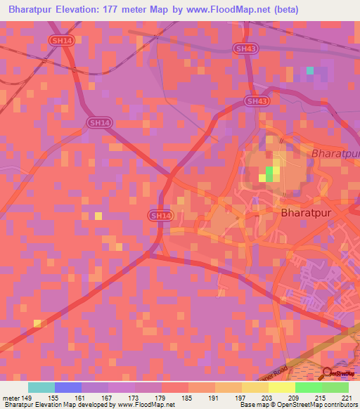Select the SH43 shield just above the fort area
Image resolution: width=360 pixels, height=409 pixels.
click(257, 101)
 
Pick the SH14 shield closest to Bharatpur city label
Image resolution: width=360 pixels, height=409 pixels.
click(160, 215)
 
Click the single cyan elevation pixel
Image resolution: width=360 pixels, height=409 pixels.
click(310, 70)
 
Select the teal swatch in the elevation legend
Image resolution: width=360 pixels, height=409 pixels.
click(41, 387)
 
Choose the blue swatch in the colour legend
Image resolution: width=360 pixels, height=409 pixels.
click(68, 387)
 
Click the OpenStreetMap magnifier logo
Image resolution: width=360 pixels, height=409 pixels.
click(328, 372)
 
